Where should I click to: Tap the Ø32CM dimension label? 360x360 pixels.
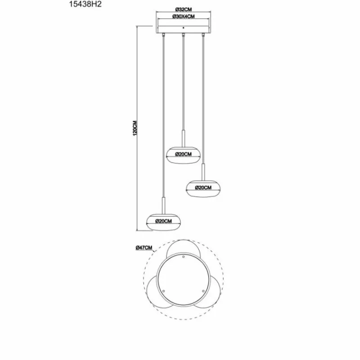183,9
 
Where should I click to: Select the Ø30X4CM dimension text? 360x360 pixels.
183,17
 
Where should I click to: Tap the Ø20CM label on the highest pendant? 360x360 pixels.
184,154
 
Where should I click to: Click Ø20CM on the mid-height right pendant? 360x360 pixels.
203,187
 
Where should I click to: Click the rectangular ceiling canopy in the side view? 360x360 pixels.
183,26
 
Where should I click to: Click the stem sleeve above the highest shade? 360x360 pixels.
183,137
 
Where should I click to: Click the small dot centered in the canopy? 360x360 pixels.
183,28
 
